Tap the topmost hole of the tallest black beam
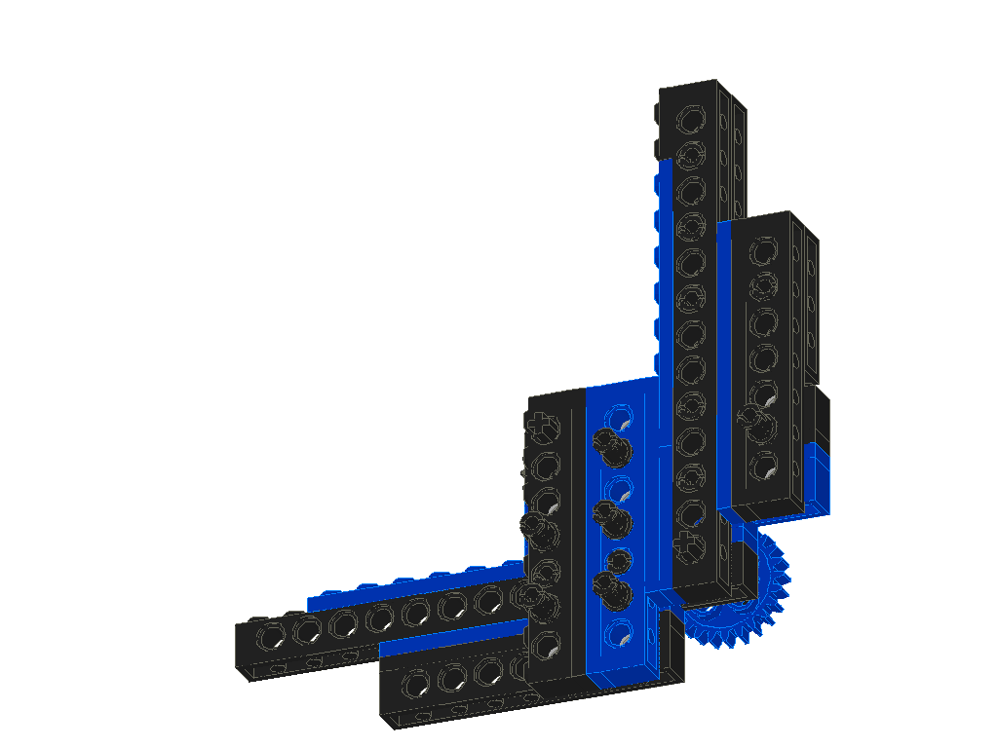(x=690, y=120)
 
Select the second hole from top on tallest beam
(x=690, y=154)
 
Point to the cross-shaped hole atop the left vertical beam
(x=540, y=425)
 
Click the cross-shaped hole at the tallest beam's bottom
(x=689, y=542)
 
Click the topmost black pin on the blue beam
(x=611, y=445)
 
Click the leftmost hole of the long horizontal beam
(x=269, y=635)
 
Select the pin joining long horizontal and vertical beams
(x=532, y=597)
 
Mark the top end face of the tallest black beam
(x=702, y=85)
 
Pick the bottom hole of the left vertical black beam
(x=544, y=643)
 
